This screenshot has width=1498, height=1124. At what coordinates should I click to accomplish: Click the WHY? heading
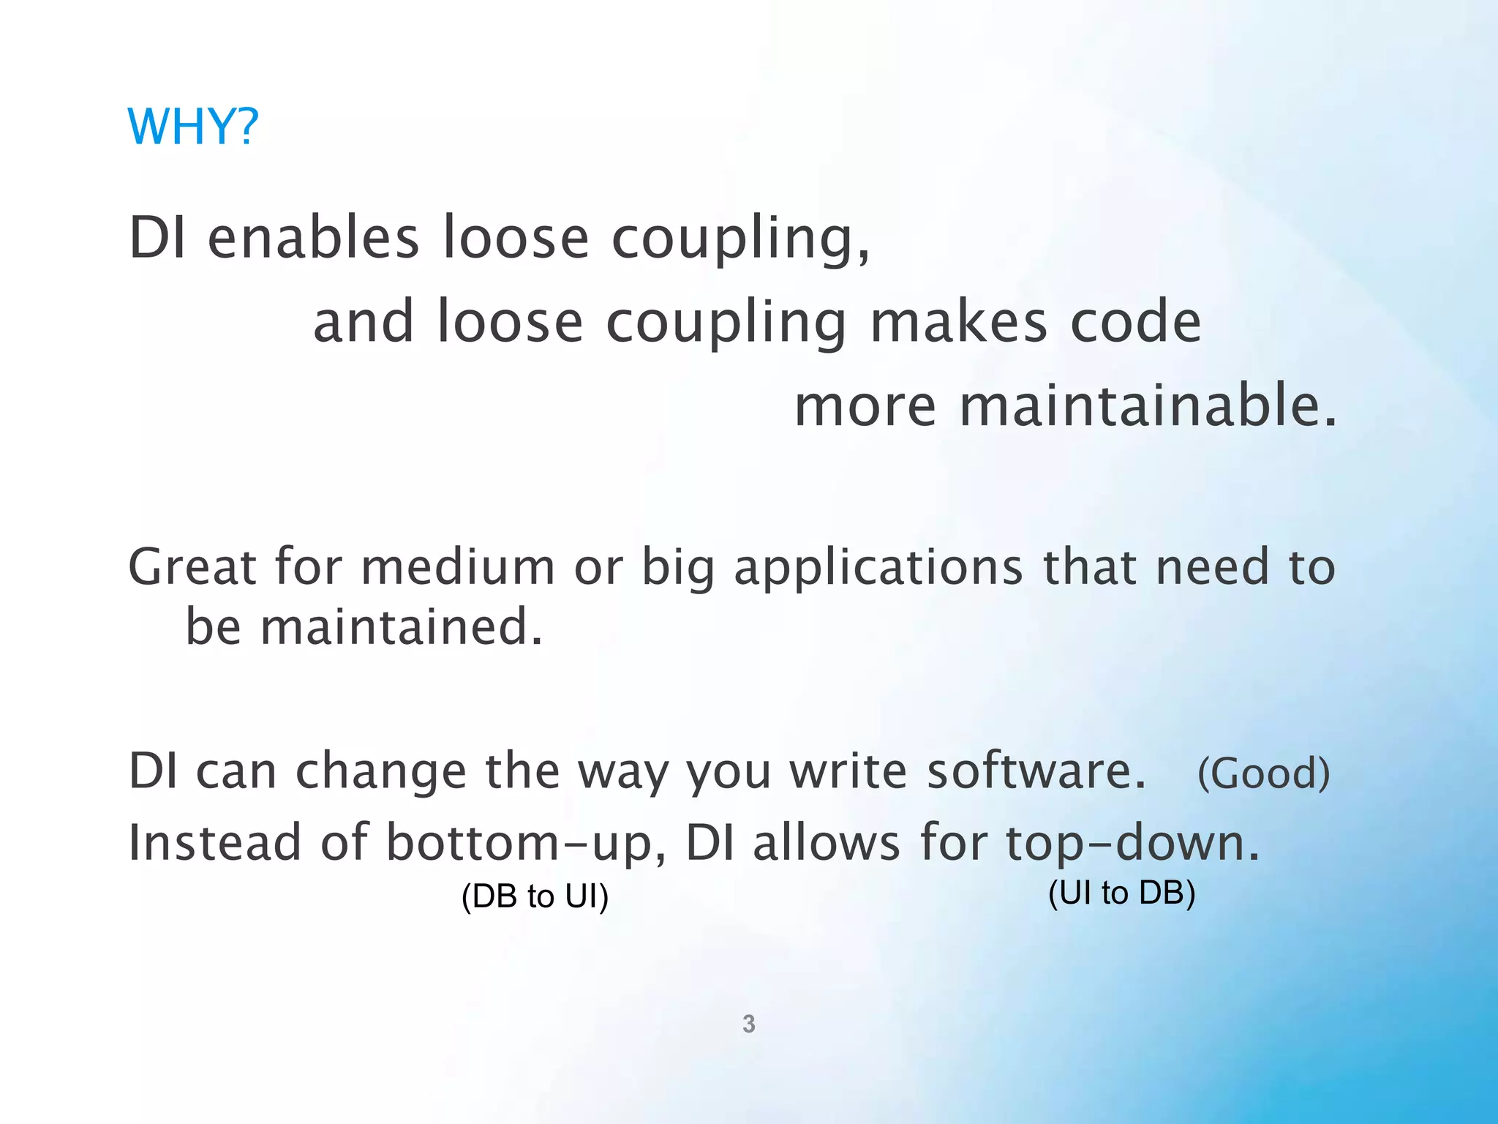193,127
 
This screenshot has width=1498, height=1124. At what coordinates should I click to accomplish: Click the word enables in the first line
313,239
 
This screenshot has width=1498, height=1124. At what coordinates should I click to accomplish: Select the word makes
959,323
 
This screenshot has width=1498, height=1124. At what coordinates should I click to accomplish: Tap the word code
1136,323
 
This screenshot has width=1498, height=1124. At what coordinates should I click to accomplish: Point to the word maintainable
1148,407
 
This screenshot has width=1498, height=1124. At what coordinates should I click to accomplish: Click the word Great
192,568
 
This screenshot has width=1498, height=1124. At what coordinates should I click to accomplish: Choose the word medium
458,568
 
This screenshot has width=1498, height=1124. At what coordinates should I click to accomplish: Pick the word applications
878,569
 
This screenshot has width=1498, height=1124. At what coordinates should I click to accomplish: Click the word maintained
402,628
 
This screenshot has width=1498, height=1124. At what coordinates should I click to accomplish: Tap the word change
380,772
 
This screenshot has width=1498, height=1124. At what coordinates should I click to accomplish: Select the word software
1036,772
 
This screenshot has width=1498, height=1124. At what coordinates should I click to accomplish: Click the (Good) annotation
1263,773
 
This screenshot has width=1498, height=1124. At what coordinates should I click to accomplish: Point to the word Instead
214,843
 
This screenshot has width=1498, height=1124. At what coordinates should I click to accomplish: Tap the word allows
827,843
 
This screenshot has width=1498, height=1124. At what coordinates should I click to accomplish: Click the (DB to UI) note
535,896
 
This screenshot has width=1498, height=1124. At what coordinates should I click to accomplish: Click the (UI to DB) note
1121,893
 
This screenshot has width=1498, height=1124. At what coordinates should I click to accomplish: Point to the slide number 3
748,1024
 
